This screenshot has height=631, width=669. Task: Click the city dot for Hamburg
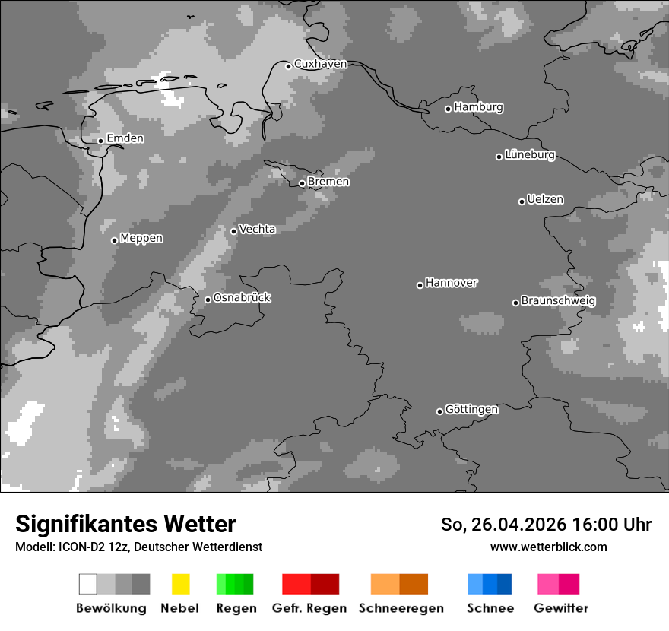[x=448, y=109]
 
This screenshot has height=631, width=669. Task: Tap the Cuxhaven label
[x=320, y=64]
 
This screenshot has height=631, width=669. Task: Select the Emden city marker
[x=100, y=141]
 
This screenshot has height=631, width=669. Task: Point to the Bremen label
[x=328, y=182]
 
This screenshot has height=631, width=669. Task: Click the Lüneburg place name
[x=530, y=155]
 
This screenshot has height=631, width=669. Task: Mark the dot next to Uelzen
[x=522, y=201]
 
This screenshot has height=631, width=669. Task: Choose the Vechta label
[x=257, y=229]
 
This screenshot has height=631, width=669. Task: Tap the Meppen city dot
[x=114, y=240]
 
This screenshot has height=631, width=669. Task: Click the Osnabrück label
[x=242, y=297]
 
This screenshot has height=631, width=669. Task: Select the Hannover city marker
[x=420, y=285]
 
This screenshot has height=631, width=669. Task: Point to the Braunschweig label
[x=558, y=301]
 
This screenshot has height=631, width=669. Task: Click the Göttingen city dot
[x=439, y=411]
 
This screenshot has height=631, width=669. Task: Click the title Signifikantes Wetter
[x=125, y=524]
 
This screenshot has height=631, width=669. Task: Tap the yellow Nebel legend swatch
[x=181, y=584]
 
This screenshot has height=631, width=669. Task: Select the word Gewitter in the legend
[x=561, y=608]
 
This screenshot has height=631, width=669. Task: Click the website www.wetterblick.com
[x=549, y=547]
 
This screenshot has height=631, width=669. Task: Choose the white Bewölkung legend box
[x=88, y=584]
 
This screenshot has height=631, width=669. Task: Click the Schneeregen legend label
[x=401, y=608]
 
